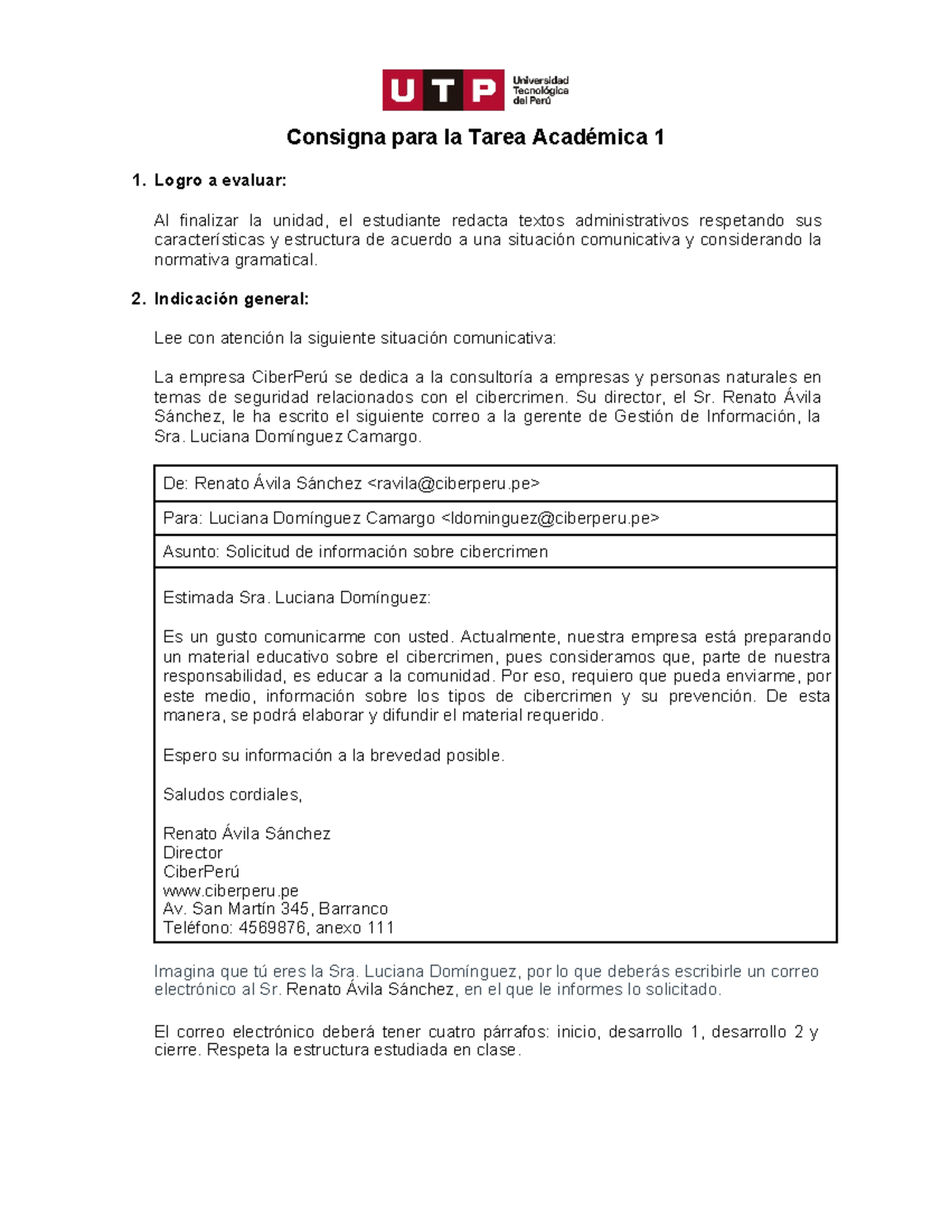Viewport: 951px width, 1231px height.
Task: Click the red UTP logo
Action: [x=443, y=90]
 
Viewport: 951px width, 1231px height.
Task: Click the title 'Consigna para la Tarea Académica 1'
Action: [x=475, y=137]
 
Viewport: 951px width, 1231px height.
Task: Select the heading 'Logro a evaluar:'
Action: [x=220, y=181]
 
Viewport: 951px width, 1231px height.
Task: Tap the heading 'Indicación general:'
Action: [x=231, y=299]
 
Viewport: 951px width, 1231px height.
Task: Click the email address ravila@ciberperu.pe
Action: [x=453, y=484]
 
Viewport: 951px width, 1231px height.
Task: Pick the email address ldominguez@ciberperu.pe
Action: [x=549, y=518]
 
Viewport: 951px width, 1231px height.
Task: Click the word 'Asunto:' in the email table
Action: [x=190, y=552]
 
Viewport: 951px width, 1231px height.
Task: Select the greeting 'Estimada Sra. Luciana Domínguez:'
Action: [x=296, y=598]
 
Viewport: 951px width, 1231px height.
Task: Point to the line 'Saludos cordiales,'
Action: [x=232, y=794]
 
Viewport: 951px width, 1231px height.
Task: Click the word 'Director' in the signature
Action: [x=193, y=853]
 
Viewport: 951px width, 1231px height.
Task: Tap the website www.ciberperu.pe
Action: [x=231, y=891]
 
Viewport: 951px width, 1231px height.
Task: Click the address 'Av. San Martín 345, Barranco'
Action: [x=275, y=909]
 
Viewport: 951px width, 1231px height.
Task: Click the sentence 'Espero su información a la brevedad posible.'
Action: [x=334, y=755]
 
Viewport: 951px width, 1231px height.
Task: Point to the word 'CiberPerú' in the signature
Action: [x=201, y=872]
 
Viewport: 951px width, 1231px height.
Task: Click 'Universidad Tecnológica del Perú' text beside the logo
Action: [x=540, y=90]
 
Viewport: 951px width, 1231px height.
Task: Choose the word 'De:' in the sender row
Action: [x=175, y=484]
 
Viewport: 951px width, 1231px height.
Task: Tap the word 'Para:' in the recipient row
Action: [x=183, y=518]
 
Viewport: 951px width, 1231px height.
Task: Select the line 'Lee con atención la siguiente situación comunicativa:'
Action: [x=355, y=338]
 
